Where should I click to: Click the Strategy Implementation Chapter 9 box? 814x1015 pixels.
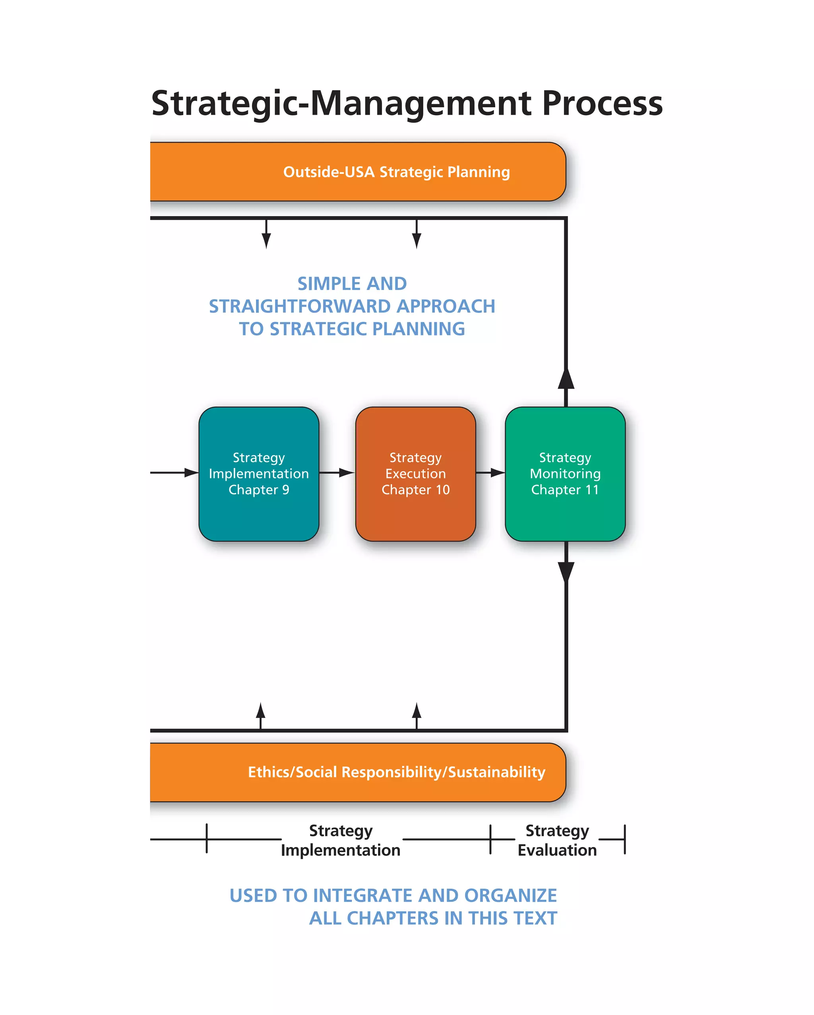[259, 474]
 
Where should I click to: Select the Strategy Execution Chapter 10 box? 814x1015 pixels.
[415, 474]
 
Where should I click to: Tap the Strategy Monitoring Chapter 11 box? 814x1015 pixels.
[565, 474]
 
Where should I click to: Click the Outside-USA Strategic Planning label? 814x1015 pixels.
[396, 172]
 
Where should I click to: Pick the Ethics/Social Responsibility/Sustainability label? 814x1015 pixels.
[396, 772]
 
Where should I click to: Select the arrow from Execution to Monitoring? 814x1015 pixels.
[490, 472]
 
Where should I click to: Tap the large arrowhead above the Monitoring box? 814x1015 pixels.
[566, 379]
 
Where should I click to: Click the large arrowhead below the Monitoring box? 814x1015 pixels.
[566, 572]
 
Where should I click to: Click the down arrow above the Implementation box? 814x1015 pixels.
[266, 236]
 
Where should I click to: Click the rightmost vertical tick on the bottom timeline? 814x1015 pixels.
[625, 839]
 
